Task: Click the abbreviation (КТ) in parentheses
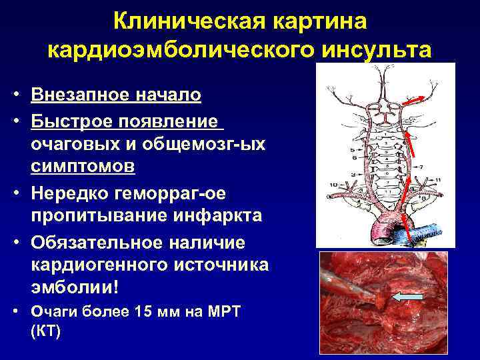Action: (x=45, y=330)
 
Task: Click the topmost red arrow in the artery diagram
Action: (x=416, y=99)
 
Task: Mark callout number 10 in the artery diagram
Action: (x=331, y=183)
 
